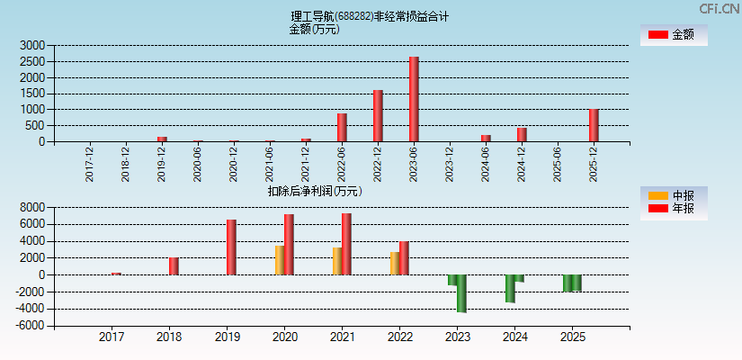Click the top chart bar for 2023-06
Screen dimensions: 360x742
tap(414, 99)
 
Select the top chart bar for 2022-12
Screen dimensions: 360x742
tap(378, 115)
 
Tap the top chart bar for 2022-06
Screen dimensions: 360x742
tap(342, 127)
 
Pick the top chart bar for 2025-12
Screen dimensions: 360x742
tap(594, 125)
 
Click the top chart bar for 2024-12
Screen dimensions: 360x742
tap(522, 134)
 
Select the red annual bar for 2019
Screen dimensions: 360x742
tap(231, 247)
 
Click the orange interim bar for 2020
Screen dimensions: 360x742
tap(279, 260)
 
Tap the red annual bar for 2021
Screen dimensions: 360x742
tap(346, 244)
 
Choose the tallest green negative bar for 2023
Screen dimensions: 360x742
tap(461, 293)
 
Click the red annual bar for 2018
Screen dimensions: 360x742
tap(174, 266)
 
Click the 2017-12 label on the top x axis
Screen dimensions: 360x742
tap(90, 164)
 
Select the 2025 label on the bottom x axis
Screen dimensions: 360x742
tap(572, 337)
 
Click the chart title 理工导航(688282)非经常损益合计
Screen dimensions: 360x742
tap(371, 16)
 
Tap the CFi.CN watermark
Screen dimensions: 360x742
tap(720, 8)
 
